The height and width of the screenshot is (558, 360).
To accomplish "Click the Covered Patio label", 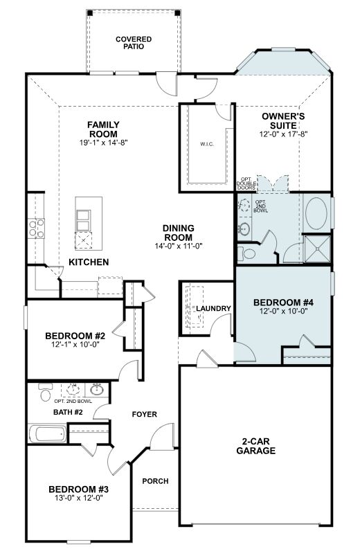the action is pyautogui.click(x=134, y=43).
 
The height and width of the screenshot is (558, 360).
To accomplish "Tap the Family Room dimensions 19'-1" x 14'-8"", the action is pyautogui.click(x=104, y=143).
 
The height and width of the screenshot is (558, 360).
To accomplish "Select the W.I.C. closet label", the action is pyautogui.click(x=207, y=144).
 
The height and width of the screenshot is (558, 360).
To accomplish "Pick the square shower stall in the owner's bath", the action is pyautogui.click(x=317, y=249).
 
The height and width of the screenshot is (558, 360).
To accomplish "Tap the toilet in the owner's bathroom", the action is pyautogui.click(x=247, y=253).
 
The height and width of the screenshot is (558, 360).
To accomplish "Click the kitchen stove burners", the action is pyautogui.click(x=37, y=228).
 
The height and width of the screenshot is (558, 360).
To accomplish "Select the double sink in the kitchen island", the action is pyautogui.click(x=83, y=220).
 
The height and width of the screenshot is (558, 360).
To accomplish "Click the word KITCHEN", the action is pyautogui.click(x=89, y=262).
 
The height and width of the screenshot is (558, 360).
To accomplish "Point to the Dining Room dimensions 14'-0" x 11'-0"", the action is pyautogui.click(x=178, y=246).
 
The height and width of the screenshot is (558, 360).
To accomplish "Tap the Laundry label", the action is pyautogui.click(x=213, y=309).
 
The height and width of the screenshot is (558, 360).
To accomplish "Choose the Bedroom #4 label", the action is pyautogui.click(x=283, y=303).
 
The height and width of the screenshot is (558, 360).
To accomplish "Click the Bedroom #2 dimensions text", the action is pyautogui.click(x=75, y=345).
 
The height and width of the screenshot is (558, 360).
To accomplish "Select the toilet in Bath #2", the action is pyautogui.click(x=46, y=392).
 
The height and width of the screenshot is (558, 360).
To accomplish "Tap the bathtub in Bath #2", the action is pyautogui.click(x=47, y=434).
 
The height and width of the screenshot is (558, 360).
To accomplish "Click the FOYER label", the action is pyautogui.click(x=145, y=414).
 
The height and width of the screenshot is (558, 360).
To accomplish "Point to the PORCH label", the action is pyautogui.click(x=156, y=481).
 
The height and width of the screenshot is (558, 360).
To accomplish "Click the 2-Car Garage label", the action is pyautogui.click(x=256, y=446).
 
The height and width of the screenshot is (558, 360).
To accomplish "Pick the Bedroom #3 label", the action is pyautogui.click(x=79, y=489).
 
